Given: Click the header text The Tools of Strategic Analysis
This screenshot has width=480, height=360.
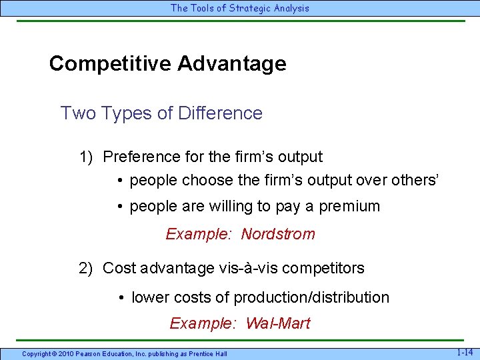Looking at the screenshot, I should coord(240,8).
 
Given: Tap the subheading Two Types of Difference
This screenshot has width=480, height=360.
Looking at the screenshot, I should coord(161,113).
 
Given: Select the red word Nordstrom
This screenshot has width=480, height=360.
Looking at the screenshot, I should coord(278,235).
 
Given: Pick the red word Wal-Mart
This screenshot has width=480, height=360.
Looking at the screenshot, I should coord(278,324).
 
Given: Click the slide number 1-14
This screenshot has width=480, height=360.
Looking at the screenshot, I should coord(465,352).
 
